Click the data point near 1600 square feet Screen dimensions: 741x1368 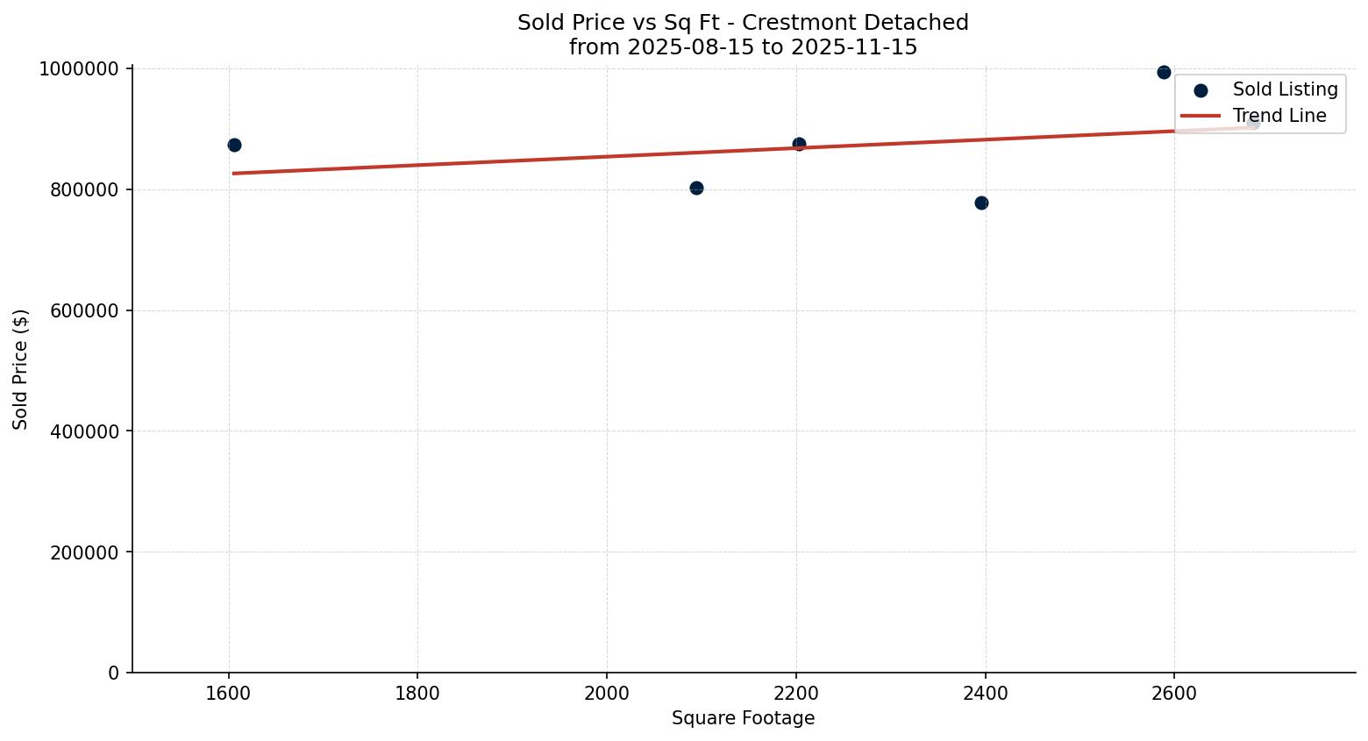pos(234,145)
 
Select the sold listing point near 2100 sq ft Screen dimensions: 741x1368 pos(696,188)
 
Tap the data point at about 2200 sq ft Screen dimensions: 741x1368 pos(799,144)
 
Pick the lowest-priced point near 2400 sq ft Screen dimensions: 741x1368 pos(981,203)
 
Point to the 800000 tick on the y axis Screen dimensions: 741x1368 pos(79,190)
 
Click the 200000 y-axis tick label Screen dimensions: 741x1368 pos(79,552)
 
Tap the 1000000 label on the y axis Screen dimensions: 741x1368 pos(79,69)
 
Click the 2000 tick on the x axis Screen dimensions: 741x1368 pos(607,693)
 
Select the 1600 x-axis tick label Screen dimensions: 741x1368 pos(229,693)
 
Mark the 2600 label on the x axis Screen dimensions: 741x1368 pos(1174,693)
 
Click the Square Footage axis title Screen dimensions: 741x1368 pos(743,719)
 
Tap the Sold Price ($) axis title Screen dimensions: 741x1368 pos(21,369)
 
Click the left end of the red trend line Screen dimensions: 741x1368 pos(234,173)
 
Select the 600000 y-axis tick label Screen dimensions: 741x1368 pos(79,311)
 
